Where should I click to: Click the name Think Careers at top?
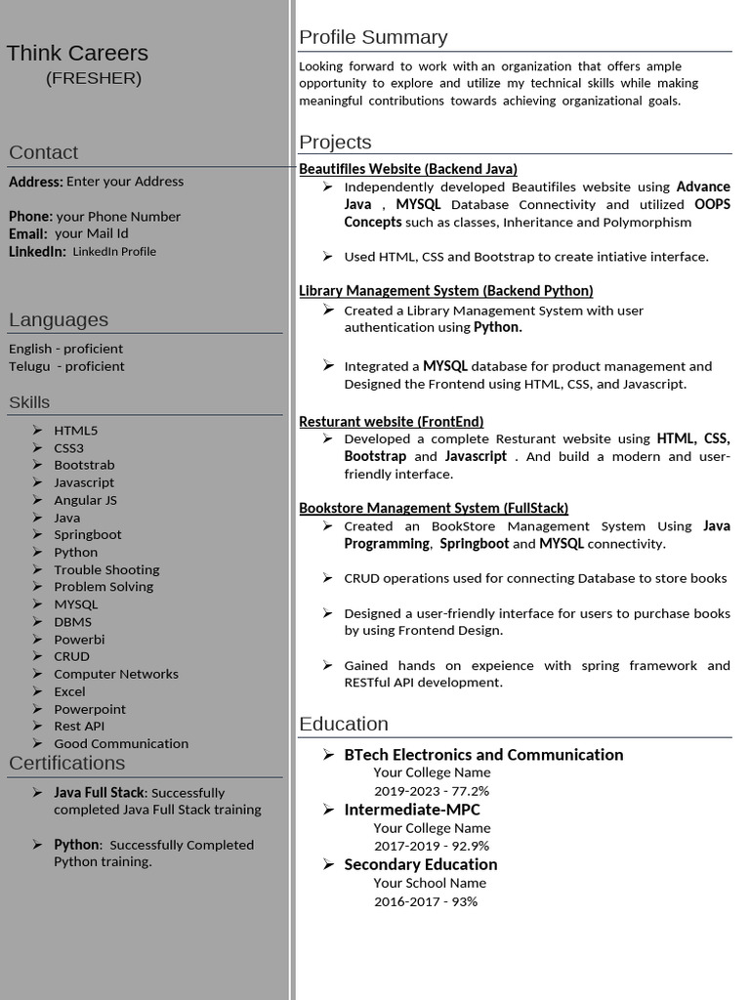click(x=77, y=53)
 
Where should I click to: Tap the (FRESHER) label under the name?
click(x=94, y=78)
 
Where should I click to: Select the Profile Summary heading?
click(x=373, y=37)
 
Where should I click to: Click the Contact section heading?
click(x=43, y=152)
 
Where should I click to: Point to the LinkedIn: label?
click(x=37, y=252)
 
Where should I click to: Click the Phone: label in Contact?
click(x=30, y=216)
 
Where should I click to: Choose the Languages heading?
click(x=58, y=319)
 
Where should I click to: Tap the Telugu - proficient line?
click(x=66, y=366)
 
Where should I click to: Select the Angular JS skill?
click(x=85, y=500)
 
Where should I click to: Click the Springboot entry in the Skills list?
click(x=88, y=534)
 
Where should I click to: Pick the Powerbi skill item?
click(x=79, y=639)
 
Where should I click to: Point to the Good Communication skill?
click(x=121, y=743)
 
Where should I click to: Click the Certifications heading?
click(x=66, y=763)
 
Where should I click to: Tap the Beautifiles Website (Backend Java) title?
click(x=407, y=169)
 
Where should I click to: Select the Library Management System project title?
click(x=445, y=290)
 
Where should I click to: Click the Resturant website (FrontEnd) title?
click(x=391, y=422)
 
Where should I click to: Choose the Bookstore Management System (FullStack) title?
click(x=433, y=508)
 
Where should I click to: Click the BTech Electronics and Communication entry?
click(x=483, y=754)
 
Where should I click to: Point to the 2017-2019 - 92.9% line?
click(x=431, y=846)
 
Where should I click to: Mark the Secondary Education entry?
click(x=420, y=864)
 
